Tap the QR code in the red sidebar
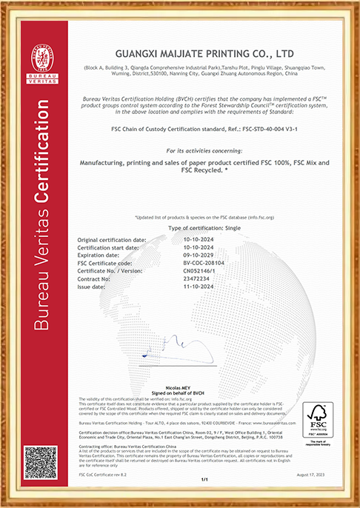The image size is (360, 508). point(41,464)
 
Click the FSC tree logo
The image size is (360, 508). point(318,420)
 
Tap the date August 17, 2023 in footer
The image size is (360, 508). point(317,473)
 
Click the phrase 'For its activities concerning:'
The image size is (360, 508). point(204,150)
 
